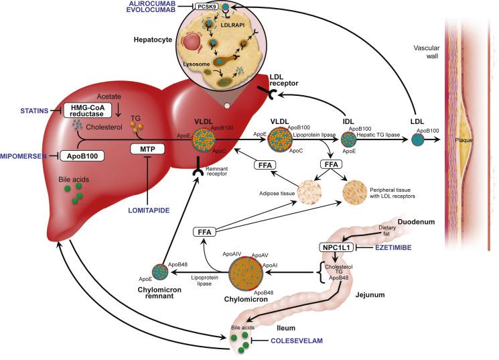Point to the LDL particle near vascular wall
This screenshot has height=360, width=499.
418,141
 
